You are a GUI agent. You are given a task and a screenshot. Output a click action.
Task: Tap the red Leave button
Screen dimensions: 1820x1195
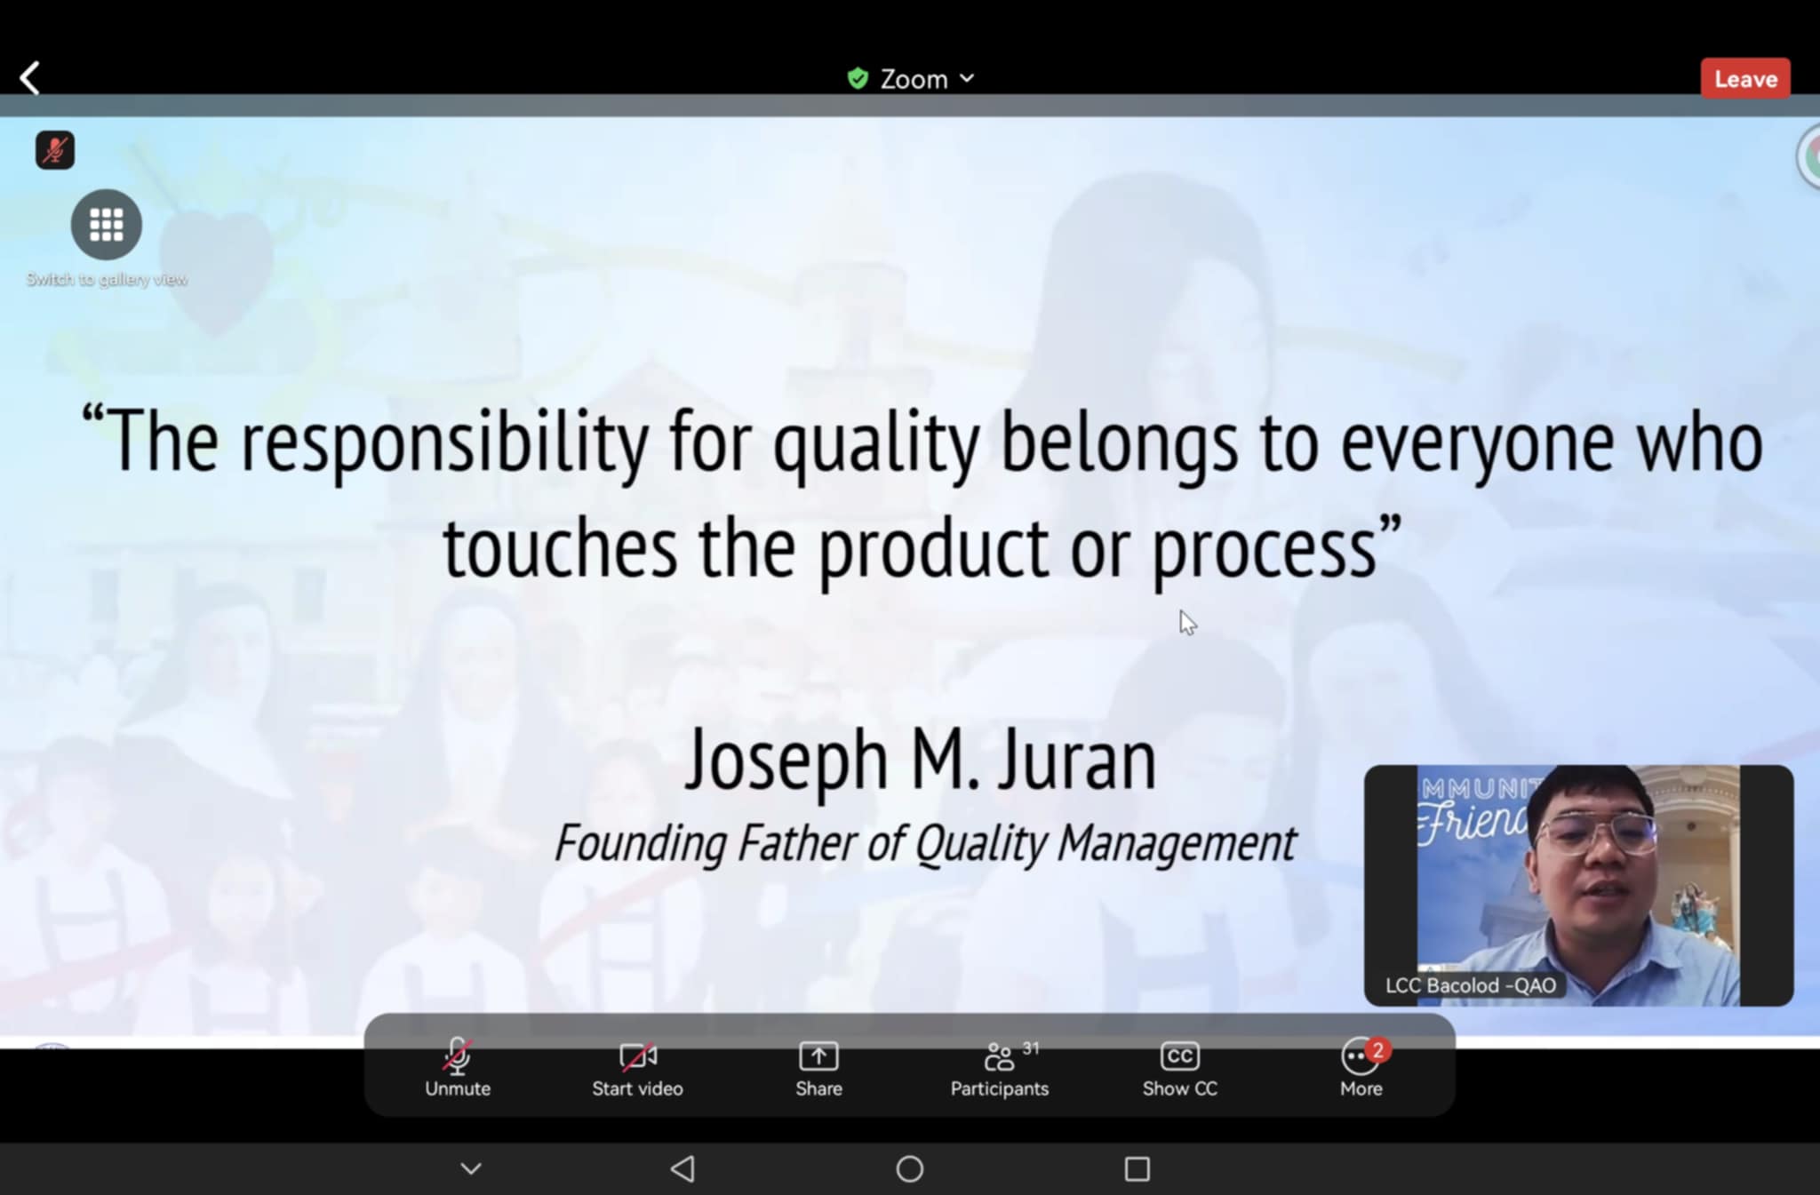[1745, 79]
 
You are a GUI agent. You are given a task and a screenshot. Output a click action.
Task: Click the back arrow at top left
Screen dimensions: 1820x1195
[30, 78]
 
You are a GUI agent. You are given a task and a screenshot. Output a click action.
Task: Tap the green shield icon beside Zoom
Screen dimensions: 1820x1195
[858, 79]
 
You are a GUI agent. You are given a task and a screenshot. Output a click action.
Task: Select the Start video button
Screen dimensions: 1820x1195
[637, 1070]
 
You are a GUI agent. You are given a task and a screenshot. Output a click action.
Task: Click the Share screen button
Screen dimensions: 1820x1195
[818, 1070]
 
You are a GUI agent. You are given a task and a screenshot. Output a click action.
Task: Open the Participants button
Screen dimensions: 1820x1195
[1000, 1070]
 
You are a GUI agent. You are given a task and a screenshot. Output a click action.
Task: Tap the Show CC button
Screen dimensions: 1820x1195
[1179, 1070]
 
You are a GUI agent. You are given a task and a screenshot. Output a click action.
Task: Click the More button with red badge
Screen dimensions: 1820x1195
[1361, 1070]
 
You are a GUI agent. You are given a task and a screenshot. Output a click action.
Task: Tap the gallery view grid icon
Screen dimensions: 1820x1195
[107, 225]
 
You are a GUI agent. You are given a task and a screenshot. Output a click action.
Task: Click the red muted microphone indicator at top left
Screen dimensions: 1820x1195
[55, 150]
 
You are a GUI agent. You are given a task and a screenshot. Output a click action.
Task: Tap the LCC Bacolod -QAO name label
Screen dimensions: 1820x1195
[1471, 985]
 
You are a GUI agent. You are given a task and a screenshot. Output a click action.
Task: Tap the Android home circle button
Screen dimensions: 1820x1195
[910, 1168]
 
